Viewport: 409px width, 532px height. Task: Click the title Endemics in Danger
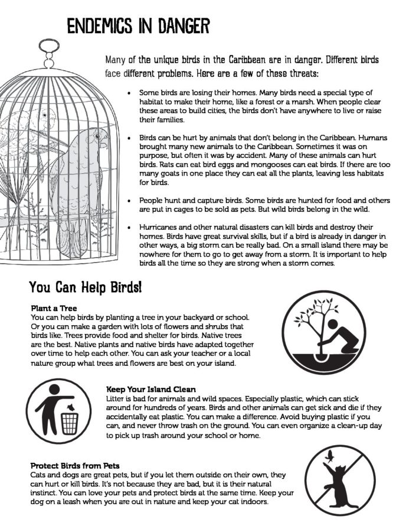click(138, 26)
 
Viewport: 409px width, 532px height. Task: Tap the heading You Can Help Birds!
click(85, 289)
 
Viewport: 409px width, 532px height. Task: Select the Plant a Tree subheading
click(54, 308)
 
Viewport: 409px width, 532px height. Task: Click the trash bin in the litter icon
click(70, 422)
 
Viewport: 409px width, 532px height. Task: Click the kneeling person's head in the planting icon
click(332, 324)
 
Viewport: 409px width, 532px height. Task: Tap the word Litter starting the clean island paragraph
click(116, 399)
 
